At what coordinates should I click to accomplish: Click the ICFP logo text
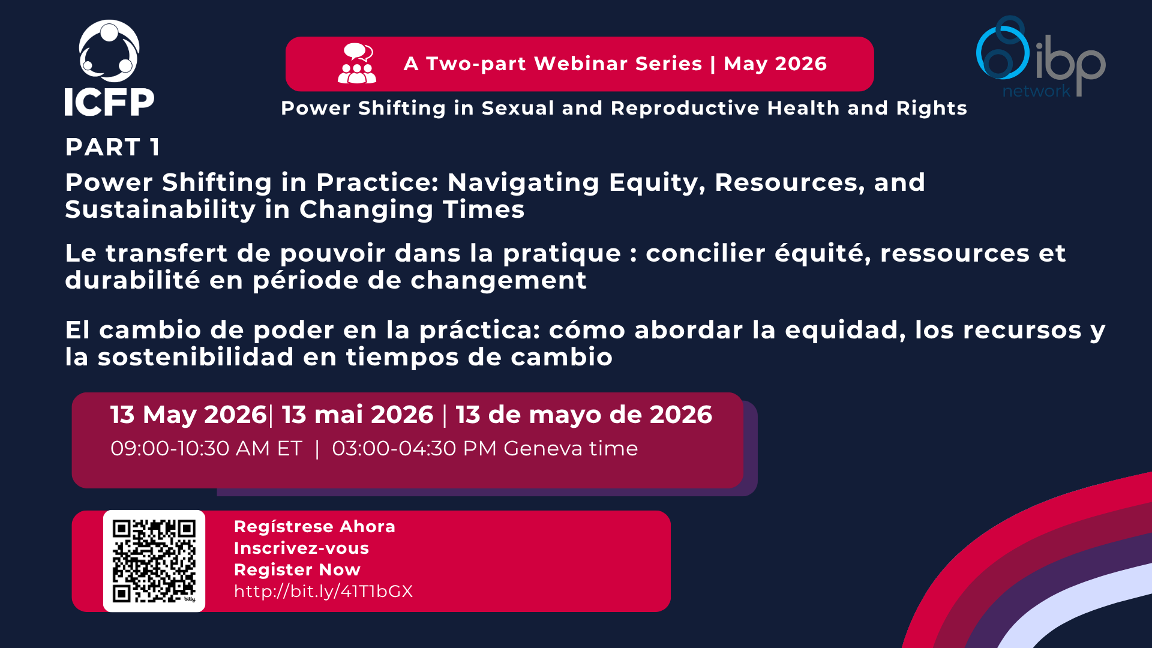coord(109,102)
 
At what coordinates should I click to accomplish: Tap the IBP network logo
coord(1040,58)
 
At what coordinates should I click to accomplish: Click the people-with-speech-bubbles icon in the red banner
coord(357,63)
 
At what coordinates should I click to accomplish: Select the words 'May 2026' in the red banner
coord(775,64)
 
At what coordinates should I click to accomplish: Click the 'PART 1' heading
coord(112,147)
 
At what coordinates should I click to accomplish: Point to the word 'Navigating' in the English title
coord(523,182)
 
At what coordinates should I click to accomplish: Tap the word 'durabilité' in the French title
coord(133,280)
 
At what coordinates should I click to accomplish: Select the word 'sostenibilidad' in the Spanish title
coord(196,357)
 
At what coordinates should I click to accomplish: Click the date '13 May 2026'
coord(188,415)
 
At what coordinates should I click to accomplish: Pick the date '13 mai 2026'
coord(358,415)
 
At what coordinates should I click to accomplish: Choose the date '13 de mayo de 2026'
coord(584,415)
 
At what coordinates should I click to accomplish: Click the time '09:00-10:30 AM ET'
coord(206,449)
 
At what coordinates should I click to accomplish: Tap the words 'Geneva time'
coord(571,449)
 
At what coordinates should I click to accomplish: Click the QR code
coord(154,561)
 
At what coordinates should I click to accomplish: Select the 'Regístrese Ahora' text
coord(314,527)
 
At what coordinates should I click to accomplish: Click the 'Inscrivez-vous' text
coord(301,548)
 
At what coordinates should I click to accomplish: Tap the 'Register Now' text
coord(297,570)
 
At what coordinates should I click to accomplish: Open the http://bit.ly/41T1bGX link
coord(323,592)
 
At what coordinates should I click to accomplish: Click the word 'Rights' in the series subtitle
coord(931,108)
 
